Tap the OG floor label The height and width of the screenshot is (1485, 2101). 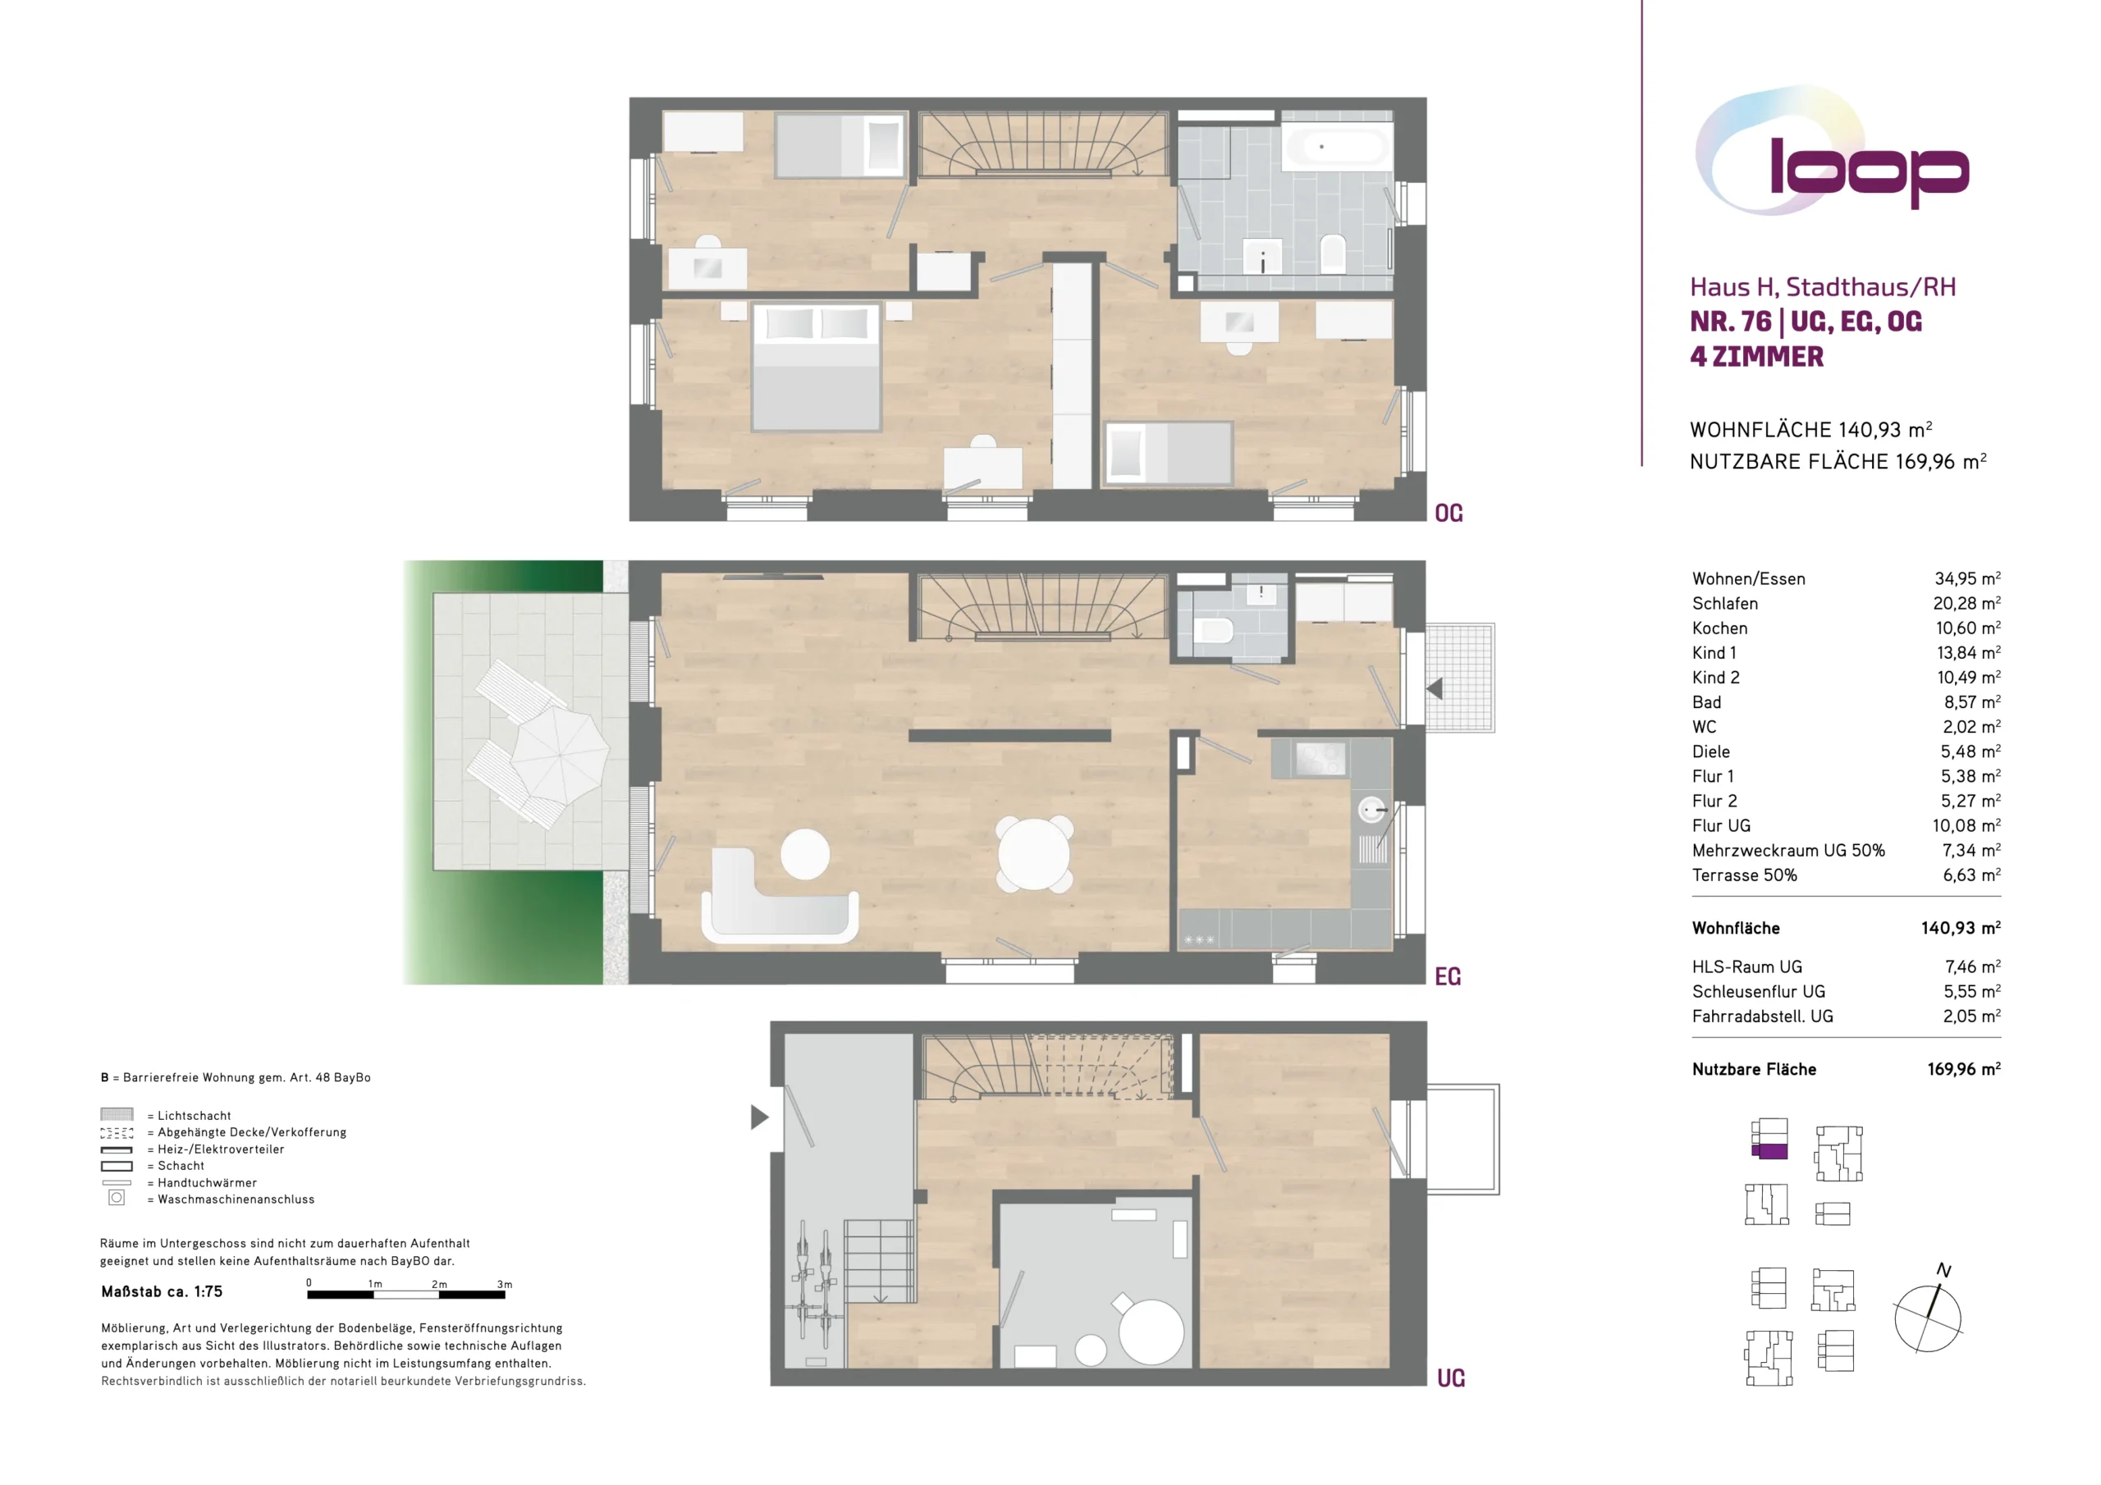(x=1449, y=514)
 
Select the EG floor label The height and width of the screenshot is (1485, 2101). (x=1448, y=977)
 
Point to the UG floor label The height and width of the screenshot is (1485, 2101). (x=1450, y=1378)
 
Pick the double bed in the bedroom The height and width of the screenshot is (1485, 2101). (x=817, y=366)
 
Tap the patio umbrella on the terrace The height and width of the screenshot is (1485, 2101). (x=559, y=756)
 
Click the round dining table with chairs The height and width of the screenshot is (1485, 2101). (x=1034, y=853)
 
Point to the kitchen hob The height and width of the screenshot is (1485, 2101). (x=1320, y=759)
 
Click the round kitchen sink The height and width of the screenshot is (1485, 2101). (x=1371, y=810)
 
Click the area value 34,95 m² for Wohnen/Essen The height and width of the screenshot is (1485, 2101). (x=1967, y=578)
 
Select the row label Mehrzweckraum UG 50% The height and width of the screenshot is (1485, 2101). (x=1788, y=850)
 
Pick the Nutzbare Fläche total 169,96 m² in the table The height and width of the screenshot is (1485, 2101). (x=1964, y=1069)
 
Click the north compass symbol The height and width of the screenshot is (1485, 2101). (x=1928, y=1313)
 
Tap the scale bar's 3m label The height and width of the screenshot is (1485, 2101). (x=504, y=1285)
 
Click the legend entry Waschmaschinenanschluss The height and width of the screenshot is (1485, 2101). (x=236, y=1199)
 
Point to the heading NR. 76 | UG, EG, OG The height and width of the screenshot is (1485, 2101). (x=1806, y=322)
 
